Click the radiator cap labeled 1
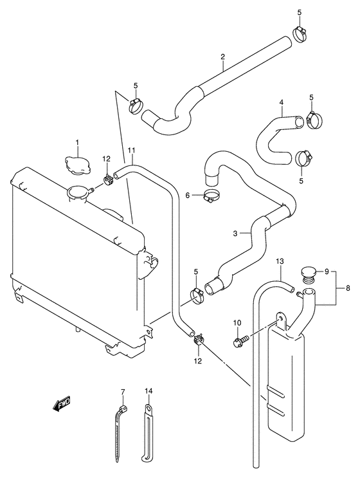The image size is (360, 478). (x=76, y=163)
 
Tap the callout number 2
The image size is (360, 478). (x=222, y=57)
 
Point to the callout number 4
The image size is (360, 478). (x=281, y=102)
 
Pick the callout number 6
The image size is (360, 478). (x=188, y=195)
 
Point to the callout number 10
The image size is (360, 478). (x=237, y=322)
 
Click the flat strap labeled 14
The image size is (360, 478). (x=147, y=434)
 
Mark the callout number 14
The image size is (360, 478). (x=148, y=391)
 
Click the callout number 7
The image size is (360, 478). (x=121, y=391)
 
